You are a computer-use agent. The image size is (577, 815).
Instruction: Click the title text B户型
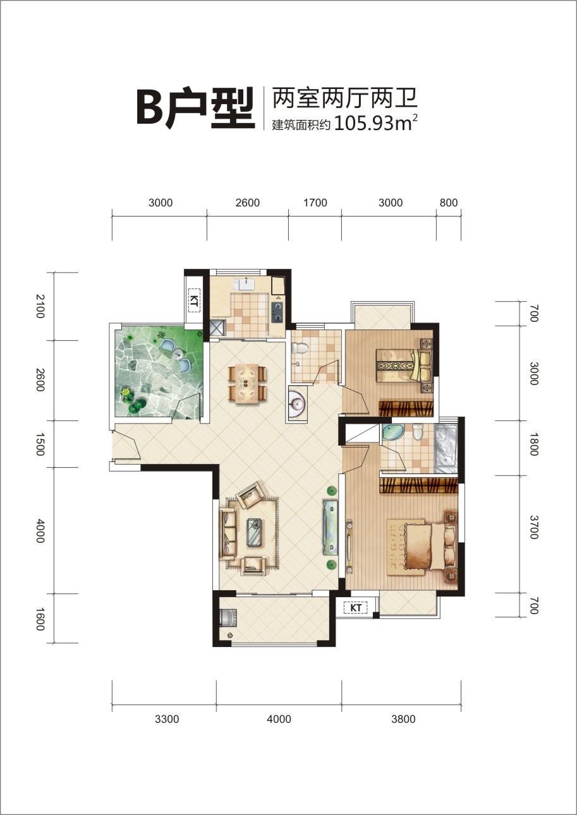coord(195,109)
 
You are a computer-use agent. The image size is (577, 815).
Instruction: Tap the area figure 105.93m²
coord(375,123)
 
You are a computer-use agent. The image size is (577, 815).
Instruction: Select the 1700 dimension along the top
coord(315,203)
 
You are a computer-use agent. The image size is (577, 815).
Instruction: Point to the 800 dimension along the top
coord(449,203)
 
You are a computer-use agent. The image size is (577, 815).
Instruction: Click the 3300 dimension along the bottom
coord(167,719)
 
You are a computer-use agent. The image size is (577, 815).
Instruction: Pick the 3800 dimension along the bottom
coord(403,719)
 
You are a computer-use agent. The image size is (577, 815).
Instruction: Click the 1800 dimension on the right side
coord(533,444)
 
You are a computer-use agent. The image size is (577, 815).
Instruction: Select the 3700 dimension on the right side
coord(533,527)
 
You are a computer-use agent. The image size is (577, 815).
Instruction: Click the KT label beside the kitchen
coord(193,300)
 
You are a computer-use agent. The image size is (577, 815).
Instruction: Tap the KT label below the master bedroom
coord(356,607)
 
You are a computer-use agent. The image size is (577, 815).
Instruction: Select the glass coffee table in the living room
coord(256,532)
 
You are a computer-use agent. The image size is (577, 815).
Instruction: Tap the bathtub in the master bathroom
coord(446,447)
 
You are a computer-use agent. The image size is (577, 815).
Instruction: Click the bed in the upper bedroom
coord(404,364)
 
